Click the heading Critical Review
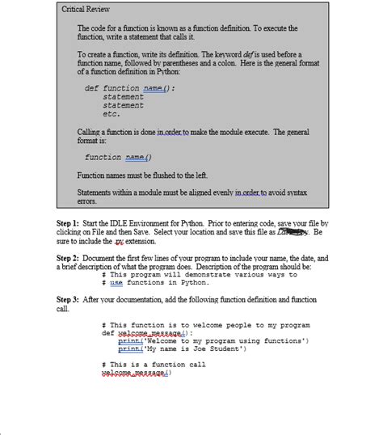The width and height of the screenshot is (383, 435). pyautogui.click(x=86, y=9)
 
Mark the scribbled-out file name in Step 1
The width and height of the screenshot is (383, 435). pyautogui.click(x=292, y=231)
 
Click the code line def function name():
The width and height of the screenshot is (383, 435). pyautogui.click(x=130, y=87)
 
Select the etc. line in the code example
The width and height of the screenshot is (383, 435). pyautogui.click(x=112, y=114)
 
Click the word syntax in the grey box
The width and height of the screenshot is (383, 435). pyautogui.click(x=293, y=192)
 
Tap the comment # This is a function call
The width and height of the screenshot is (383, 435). pyautogui.click(x=154, y=365)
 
